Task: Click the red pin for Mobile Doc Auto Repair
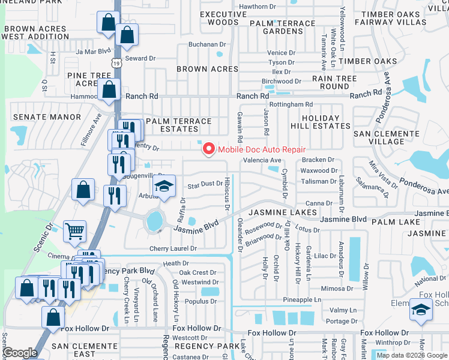[209, 149]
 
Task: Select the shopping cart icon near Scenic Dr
[74, 230]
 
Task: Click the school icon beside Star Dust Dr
[163, 186]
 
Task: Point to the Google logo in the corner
[19, 353]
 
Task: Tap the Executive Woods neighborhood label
[219, 18]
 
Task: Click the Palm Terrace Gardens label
[282, 27]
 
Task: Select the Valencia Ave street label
[262, 161]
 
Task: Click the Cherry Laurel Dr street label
[174, 248]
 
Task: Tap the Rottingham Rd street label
[291, 104]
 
